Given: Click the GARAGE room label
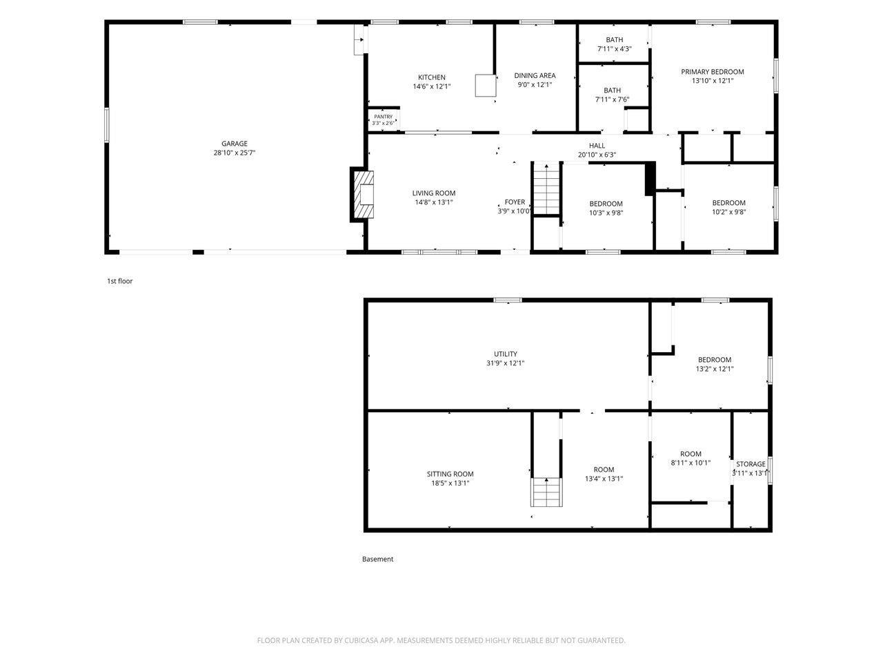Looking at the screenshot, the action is [234, 144].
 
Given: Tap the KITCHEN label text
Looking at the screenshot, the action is [432, 77].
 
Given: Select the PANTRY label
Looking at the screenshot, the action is [383, 117].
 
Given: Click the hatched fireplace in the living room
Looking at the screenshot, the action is [364, 195].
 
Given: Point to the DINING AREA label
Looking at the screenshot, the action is [535, 76].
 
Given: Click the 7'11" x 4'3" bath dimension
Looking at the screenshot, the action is [614, 49].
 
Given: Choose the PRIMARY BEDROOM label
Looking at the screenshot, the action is [713, 72].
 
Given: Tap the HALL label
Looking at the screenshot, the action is [597, 146].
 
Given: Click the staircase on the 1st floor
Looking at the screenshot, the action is [546, 189].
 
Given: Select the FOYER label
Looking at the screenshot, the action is [515, 202].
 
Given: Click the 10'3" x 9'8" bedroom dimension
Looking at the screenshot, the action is [606, 213].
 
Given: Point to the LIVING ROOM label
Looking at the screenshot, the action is [434, 193].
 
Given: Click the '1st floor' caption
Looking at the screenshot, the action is [120, 281].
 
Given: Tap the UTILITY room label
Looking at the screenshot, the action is [505, 354].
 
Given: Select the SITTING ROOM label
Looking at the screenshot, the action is [450, 474].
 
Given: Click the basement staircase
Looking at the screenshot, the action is [546, 492].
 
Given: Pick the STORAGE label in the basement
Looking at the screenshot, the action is [751, 464].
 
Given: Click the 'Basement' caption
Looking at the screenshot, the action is [378, 559].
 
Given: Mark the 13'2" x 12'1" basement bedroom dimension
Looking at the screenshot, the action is [715, 369].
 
